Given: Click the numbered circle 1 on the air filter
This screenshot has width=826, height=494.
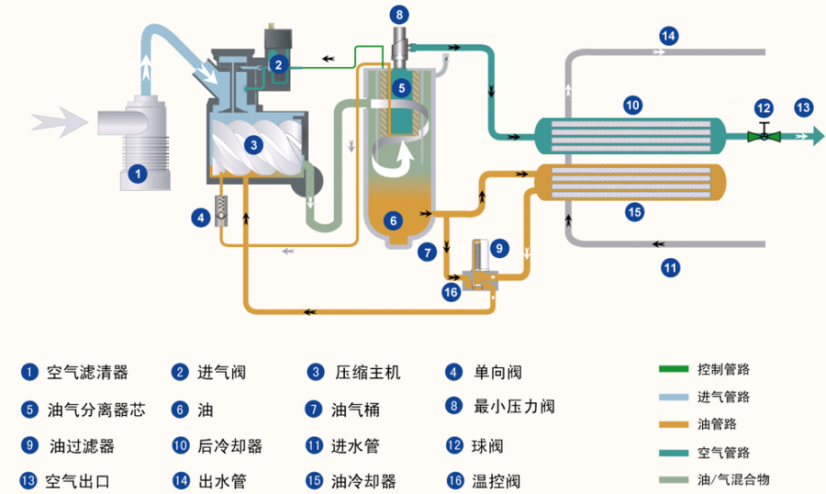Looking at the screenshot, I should (x=137, y=172).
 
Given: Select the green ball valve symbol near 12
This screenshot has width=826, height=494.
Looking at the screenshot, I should (x=764, y=135).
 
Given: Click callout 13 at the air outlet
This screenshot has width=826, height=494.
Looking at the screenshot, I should (x=803, y=107).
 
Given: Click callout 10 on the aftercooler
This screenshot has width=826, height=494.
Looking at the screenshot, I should (x=631, y=105).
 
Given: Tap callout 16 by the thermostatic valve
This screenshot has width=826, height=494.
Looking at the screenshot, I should (x=450, y=292).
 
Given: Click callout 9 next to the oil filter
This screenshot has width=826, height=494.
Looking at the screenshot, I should (x=498, y=247).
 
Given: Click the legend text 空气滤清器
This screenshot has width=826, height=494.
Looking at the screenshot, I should (x=87, y=373).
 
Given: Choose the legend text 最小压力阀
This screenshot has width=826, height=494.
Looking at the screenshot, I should (x=514, y=406).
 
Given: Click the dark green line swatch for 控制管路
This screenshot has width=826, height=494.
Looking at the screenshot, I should (x=675, y=370).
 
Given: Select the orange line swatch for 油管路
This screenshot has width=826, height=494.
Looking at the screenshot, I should (x=675, y=424).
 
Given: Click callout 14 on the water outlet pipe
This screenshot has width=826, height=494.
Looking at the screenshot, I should (x=668, y=36).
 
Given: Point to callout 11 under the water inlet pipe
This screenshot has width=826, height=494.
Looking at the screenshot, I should (x=670, y=268).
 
